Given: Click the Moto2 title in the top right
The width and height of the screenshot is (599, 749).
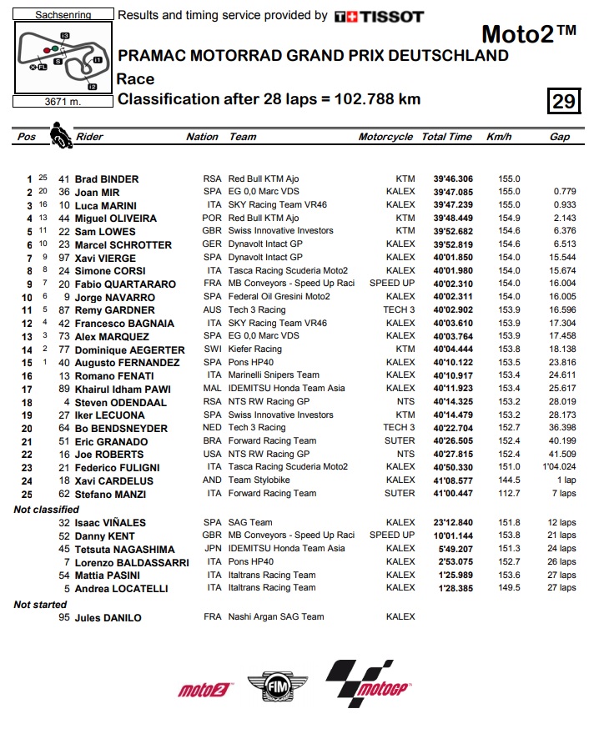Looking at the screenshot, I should [x=529, y=33].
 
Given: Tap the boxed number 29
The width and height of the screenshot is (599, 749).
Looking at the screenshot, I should [x=563, y=101].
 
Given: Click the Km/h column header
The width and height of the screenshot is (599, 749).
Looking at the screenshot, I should [x=499, y=137].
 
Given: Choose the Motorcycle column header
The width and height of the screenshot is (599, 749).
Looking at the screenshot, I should [x=385, y=137].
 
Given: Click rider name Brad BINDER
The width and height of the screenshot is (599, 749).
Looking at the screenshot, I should [x=107, y=178].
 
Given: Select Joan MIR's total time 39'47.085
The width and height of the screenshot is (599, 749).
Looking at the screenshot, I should [x=447, y=192].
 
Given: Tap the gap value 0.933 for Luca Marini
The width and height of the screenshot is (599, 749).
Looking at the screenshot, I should [x=565, y=205].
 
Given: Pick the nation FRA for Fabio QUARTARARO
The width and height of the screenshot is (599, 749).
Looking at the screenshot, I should [x=213, y=284].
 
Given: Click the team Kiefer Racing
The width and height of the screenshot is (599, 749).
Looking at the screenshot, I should [x=255, y=349].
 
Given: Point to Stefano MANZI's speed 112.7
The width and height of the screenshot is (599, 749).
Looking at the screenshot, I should [x=509, y=494].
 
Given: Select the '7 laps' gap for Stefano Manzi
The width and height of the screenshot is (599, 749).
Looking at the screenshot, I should [x=564, y=494].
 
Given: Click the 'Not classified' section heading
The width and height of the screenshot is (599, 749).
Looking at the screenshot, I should [x=46, y=510].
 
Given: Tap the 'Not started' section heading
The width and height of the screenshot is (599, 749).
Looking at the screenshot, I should [x=40, y=605].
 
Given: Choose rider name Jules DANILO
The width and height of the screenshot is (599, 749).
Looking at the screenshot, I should [x=108, y=618].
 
